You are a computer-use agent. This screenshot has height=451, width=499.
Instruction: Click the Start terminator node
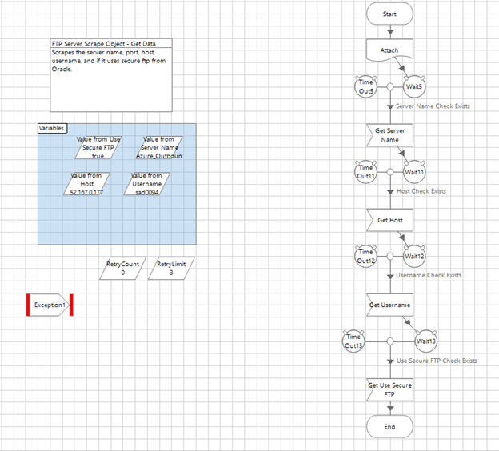pos(389,14)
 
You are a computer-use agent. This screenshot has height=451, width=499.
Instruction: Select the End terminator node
pos(389,426)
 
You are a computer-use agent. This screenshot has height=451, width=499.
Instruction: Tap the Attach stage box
pos(389,50)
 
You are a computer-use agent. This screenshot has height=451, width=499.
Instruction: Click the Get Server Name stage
pos(389,134)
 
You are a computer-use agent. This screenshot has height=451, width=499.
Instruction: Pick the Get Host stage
pos(389,219)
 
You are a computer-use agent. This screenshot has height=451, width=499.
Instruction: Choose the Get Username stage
pos(389,305)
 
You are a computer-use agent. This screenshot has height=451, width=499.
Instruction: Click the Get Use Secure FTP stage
pos(389,389)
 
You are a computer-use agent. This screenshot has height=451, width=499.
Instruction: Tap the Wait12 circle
pos(414,257)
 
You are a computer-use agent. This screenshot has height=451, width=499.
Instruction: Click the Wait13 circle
pos(425,341)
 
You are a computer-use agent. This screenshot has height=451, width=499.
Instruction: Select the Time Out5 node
pos(365,86)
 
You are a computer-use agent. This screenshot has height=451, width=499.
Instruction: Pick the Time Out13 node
pos(353,341)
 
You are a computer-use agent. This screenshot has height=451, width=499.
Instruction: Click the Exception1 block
pos(50,305)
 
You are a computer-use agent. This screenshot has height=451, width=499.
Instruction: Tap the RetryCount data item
pos(122,268)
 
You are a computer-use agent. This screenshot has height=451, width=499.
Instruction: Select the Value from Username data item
pos(146,184)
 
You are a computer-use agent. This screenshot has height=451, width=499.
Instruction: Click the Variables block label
pos(52,128)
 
